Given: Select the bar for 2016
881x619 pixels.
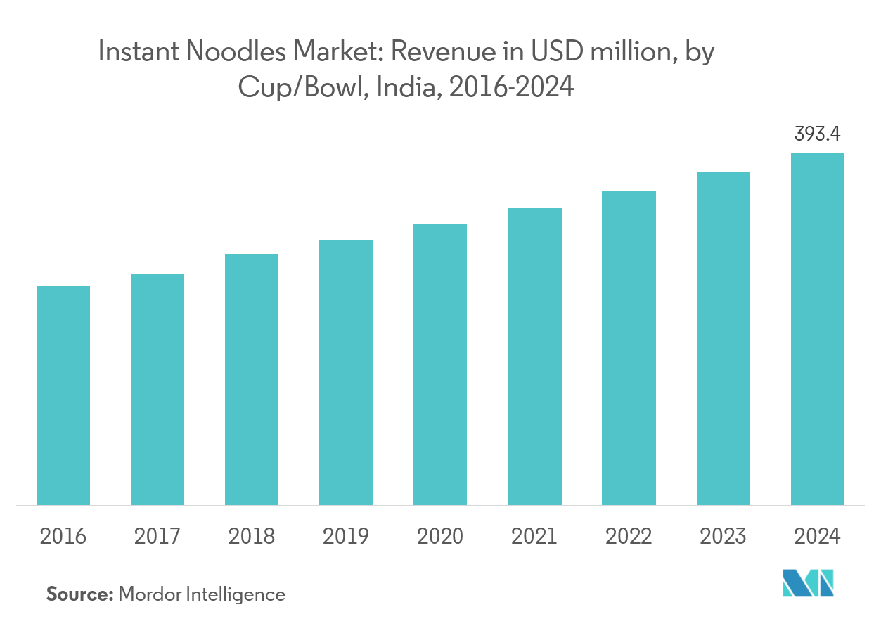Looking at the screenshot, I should click(63, 395).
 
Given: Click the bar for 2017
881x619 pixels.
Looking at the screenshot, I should click(157, 389).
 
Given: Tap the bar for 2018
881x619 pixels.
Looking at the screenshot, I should click(252, 379).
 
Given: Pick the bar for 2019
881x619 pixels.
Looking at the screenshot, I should click(346, 372).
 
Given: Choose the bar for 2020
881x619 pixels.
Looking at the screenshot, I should click(440, 364).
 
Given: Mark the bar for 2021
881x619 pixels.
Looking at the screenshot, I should click(534, 357).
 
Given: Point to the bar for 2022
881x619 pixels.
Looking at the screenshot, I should click(629, 347).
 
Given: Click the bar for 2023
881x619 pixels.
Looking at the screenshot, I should click(723, 338).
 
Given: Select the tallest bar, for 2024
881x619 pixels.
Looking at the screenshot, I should click(817, 328).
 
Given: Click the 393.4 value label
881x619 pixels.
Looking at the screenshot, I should click(817, 134).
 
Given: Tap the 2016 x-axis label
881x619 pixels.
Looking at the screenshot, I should click(63, 537).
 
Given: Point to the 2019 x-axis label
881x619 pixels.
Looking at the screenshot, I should click(346, 537).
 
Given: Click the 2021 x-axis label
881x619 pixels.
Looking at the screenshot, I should click(534, 537).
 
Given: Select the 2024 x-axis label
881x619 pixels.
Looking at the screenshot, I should click(817, 537).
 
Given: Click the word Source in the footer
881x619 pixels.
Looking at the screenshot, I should click(79, 594).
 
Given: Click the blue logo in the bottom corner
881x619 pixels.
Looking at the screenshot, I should click(808, 583).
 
